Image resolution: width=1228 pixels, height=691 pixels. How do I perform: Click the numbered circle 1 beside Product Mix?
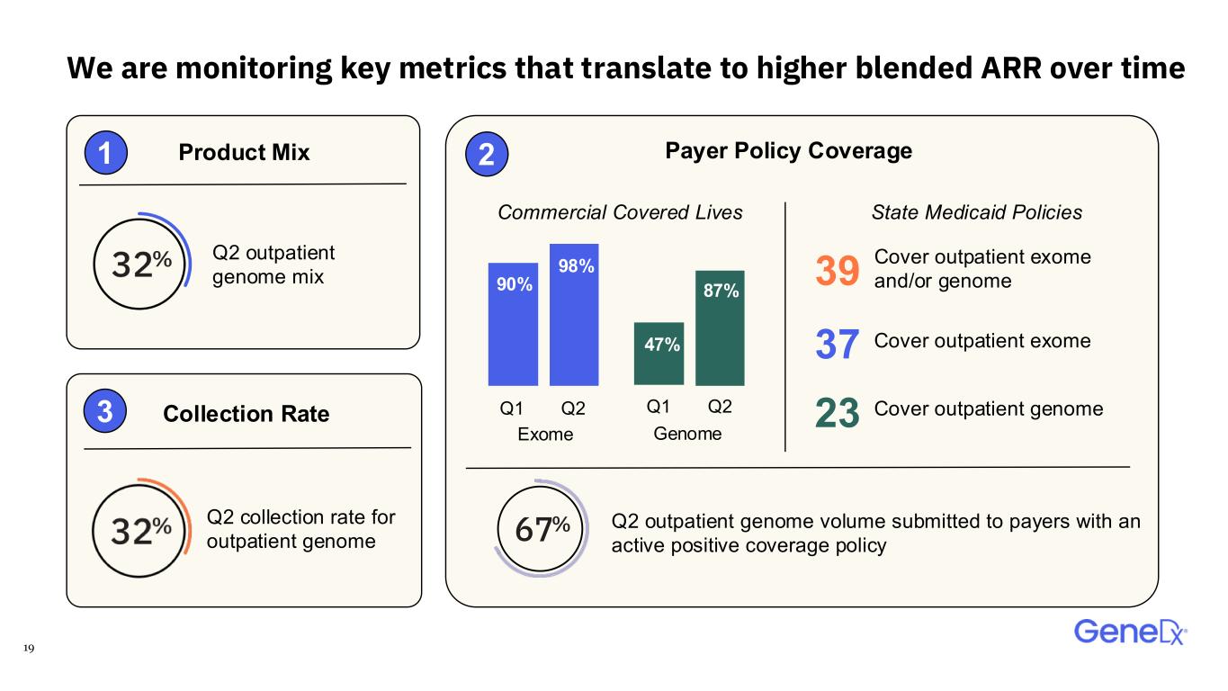click(x=106, y=152)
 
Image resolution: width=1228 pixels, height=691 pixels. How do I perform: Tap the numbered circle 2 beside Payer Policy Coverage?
click(x=487, y=154)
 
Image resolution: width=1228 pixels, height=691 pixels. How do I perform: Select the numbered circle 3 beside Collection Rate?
click(x=104, y=411)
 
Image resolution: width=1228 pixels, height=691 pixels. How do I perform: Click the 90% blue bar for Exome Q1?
click(x=513, y=324)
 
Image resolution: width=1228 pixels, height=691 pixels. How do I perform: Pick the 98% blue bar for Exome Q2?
click(x=574, y=315)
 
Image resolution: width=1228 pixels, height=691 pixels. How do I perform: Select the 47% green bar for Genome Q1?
click(x=659, y=354)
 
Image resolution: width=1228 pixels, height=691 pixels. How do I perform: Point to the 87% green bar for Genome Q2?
click(x=720, y=328)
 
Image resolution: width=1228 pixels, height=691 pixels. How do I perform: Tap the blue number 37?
click(x=838, y=344)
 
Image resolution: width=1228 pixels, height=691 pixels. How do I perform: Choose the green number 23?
click(x=838, y=412)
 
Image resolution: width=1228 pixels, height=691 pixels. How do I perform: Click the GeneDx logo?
click(x=1131, y=633)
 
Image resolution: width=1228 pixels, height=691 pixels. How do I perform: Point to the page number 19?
click(x=29, y=648)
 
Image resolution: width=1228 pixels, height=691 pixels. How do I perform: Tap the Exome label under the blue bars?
click(x=545, y=435)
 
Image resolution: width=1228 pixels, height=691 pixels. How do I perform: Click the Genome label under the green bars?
click(x=687, y=434)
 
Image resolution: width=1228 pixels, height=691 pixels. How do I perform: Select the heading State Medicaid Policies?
click(x=977, y=212)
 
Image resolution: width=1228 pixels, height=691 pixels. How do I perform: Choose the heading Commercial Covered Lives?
click(x=620, y=212)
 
